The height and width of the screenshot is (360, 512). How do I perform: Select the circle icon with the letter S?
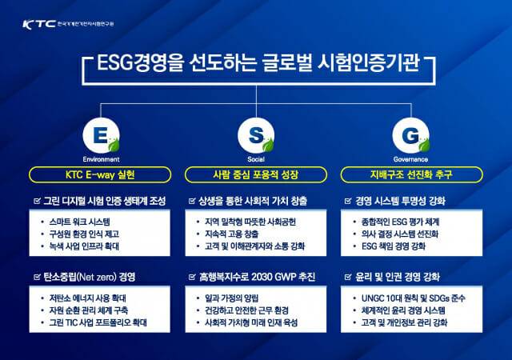click(x=256, y=137)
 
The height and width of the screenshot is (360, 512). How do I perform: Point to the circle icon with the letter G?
click(x=410, y=137)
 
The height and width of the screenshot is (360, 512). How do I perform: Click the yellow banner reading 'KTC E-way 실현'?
click(x=101, y=174)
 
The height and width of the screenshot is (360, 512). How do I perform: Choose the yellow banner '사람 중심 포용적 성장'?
click(x=256, y=174)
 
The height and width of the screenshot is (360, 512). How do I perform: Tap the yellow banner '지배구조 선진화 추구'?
click(x=410, y=174)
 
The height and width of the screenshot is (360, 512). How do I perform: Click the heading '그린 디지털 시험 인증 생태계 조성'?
click(x=104, y=200)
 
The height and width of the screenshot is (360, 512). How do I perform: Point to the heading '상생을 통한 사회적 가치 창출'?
click(x=253, y=200)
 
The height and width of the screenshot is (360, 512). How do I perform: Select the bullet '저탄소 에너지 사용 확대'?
click(x=88, y=297)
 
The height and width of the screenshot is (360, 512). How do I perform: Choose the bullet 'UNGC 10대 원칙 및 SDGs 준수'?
click(x=412, y=297)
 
